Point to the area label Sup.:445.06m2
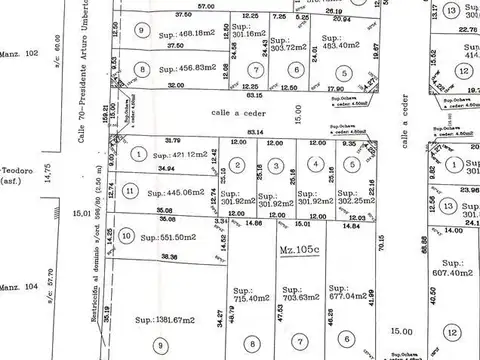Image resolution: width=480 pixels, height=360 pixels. (x=171, y=193)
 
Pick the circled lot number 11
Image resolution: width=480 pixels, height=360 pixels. (x=130, y=191)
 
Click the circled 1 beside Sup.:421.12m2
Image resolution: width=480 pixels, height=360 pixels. (x=136, y=155)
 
